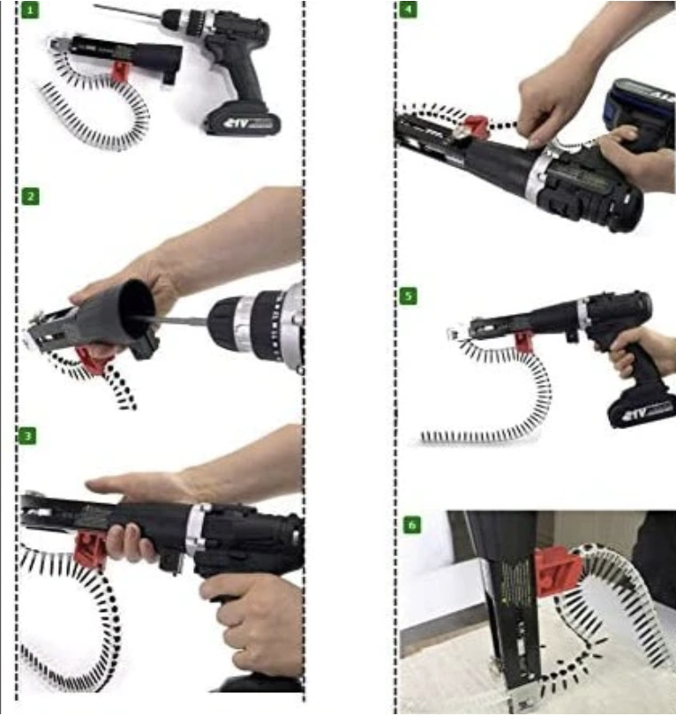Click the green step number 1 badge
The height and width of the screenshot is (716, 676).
(x=30, y=11)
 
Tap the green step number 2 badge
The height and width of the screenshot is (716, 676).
(x=30, y=196)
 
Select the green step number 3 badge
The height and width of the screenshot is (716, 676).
(x=29, y=436)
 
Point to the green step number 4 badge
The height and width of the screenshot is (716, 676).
(x=407, y=11)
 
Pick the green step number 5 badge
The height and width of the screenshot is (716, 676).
(x=408, y=296)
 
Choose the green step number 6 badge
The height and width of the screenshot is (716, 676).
(x=411, y=525)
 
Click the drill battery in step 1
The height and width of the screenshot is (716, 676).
(x=242, y=121)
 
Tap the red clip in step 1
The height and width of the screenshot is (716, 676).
(x=119, y=72)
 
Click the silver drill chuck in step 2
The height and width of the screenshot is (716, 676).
(x=252, y=322)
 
